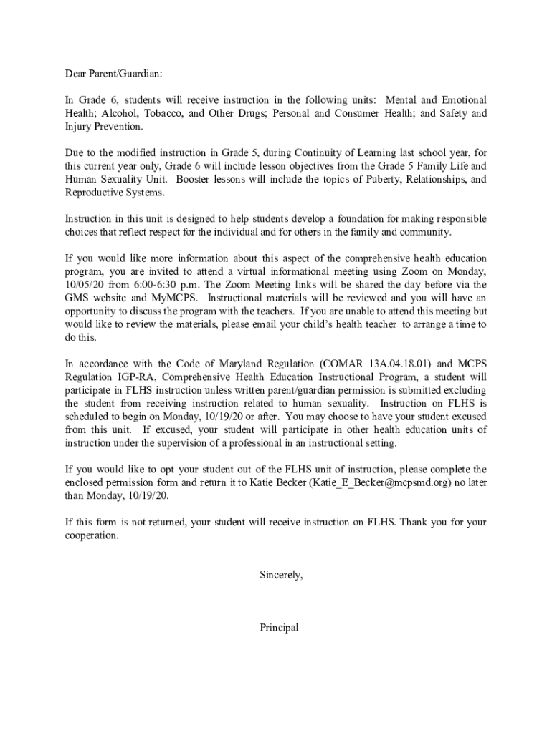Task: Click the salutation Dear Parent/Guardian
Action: (x=114, y=73)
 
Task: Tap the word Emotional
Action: (x=465, y=99)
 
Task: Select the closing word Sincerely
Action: (x=281, y=575)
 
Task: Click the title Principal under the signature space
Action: (x=280, y=628)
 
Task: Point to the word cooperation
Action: (x=92, y=535)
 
